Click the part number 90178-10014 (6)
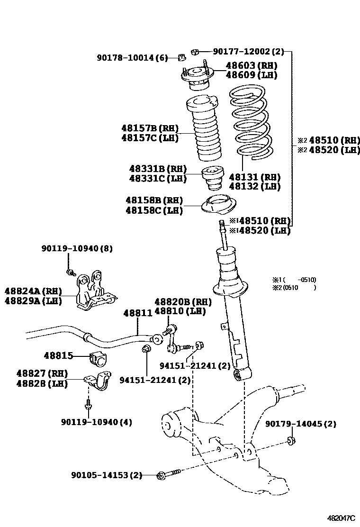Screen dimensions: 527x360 (133, 58)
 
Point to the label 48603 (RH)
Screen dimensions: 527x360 (252, 65)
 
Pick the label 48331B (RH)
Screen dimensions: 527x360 (158, 169)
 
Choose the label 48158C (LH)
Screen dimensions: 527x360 (154, 210)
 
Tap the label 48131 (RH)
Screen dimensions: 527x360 (255, 177)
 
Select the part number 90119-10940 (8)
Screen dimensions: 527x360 (77, 248)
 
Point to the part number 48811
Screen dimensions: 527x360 (137, 313)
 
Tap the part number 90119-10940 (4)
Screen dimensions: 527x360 (97, 422)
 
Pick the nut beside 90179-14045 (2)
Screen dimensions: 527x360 (291, 442)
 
